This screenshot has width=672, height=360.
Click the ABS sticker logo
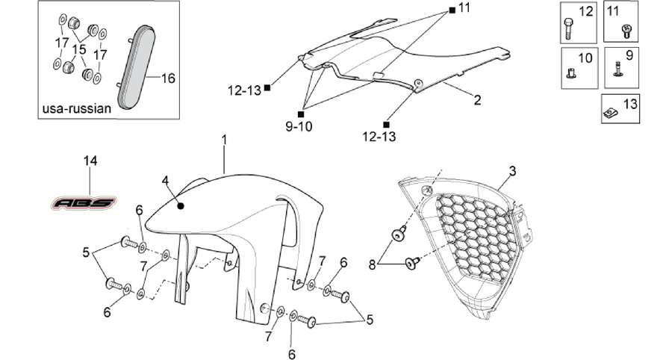coord(84,202)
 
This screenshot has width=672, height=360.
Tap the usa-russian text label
coord(77,108)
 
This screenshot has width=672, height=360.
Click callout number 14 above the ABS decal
coord(90,161)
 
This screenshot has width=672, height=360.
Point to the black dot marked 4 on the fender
coord(181,206)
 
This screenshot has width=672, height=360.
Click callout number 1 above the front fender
coord(224,140)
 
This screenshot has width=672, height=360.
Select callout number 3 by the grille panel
coord(512,172)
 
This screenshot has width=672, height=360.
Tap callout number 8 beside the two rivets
coord(372,265)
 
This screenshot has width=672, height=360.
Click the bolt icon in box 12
coord(568,28)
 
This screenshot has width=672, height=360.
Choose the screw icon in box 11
coord(626,30)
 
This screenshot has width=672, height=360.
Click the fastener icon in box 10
coord(570,74)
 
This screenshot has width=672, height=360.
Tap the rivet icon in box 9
coord(618,69)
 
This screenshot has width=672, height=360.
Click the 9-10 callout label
coord(299,126)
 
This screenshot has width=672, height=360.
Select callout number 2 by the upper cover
coord(477,100)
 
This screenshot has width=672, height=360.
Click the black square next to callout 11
coord(452,9)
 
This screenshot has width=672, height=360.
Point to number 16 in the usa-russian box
coord(169,78)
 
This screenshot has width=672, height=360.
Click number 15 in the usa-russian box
coord(79,50)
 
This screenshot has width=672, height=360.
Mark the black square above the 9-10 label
coord(300,114)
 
